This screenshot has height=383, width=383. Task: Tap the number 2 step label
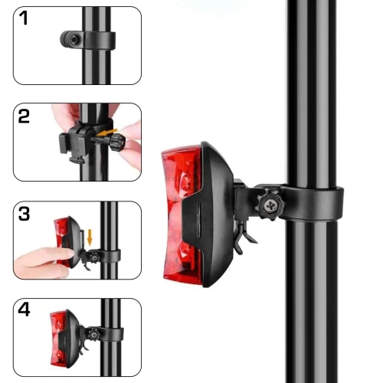pyautogui.click(x=25, y=116)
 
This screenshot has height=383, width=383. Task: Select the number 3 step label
pyautogui.click(x=25, y=214)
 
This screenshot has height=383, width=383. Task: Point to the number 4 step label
pyautogui.click(x=25, y=310)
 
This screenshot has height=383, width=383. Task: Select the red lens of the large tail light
pyautogui.click(x=178, y=214)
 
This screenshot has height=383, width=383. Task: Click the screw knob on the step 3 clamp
pyautogui.click(x=93, y=256)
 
